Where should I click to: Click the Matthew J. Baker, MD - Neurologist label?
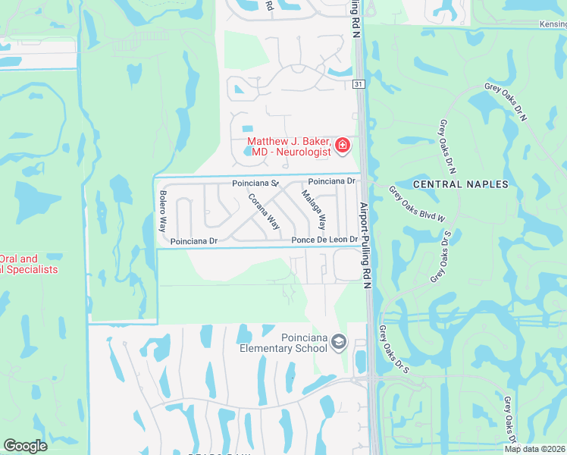pyautogui.click(x=289, y=147)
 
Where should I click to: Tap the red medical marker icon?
pyautogui.click(x=343, y=145)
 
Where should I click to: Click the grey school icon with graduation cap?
pyautogui.click(x=339, y=344)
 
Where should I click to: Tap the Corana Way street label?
pyautogui.click(x=265, y=212)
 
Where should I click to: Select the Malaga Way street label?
pyautogui.click(x=314, y=210)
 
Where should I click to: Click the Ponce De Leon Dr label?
pyautogui.click(x=324, y=240)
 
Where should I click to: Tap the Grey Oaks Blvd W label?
pyautogui.click(x=416, y=203)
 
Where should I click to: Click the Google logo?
pyautogui.click(x=25, y=446)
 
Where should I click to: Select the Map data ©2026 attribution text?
pyautogui.click(x=534, y=449)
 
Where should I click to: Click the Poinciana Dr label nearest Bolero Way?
pyautogui.click(x=194, y=241)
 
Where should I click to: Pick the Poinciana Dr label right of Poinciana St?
pyautogui.click(x=332, y=181)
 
